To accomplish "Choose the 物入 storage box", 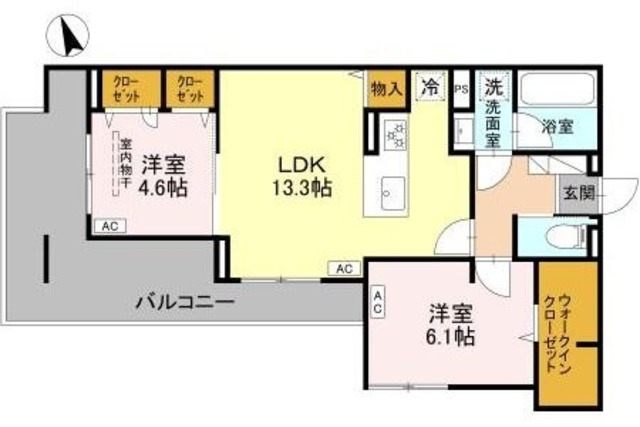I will tap(386, 88).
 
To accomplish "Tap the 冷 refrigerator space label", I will tap(429, 87).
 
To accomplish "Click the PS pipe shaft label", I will tap(461, 88).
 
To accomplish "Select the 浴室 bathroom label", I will tap(557, 128).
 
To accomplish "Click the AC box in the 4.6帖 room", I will tap(110, 227).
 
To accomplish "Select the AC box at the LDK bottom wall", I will tap(344, 268).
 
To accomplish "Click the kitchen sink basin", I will tap(391, 190).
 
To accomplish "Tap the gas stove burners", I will tap(392, 132).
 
